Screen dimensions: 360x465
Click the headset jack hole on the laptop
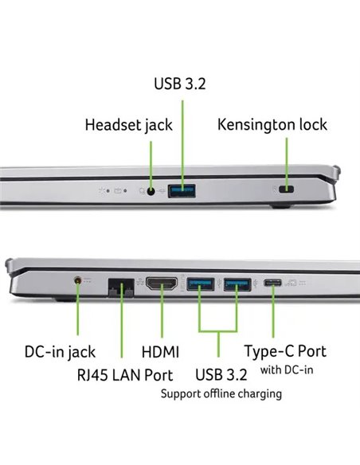(x=151, y=191)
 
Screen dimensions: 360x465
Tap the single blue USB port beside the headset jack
(x=182, y=190)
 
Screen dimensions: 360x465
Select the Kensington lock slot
(x=286, y=189)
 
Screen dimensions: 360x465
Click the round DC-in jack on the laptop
(x=78, y=280)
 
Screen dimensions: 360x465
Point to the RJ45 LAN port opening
(x=121, y=287)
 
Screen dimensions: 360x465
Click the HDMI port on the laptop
(x=162, y=283)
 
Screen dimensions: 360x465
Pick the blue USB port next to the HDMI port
(x=200, y=284)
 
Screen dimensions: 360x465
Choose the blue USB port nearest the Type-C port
(x=237, y=284)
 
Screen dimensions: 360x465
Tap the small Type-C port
(x=272, y=283)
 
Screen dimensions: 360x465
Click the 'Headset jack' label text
(x=129, y=125)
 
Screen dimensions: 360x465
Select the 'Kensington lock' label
(x=272, y=124)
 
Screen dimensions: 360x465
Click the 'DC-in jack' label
(x=61, y=352)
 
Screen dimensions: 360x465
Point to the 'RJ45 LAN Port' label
(x=125, y=375)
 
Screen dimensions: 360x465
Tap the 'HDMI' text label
(x=160, y=352)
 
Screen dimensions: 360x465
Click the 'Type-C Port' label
(x=285, y=351)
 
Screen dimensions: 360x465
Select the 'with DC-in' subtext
(x=287, y=369)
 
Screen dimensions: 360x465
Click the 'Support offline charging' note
(x=221, y=394)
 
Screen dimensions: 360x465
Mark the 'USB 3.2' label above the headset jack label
(x=180, y=84)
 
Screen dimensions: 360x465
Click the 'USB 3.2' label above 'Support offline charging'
(x=221, y=374)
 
